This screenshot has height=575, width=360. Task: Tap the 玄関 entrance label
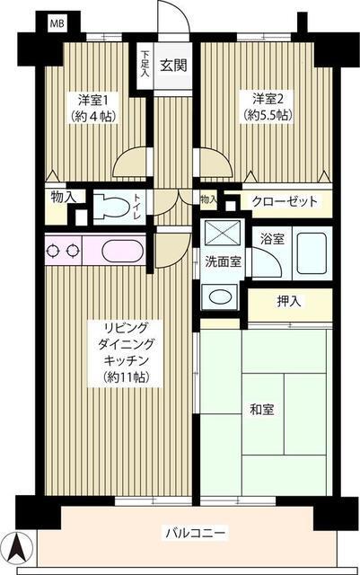[172, 66]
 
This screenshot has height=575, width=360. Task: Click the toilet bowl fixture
[110, 206]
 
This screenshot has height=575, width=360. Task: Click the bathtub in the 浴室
[308, 249]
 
